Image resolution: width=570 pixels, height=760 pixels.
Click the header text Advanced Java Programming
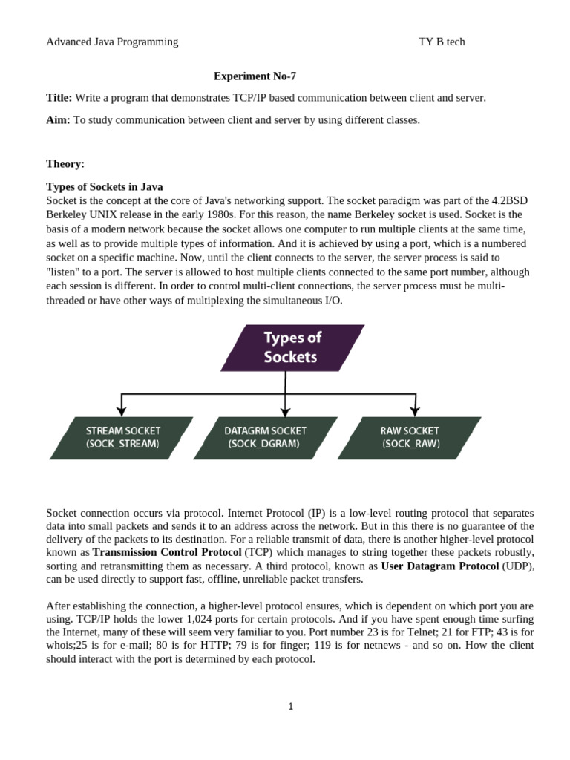(x=112, y=42)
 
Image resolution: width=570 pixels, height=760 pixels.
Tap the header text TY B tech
(x=442, y=42)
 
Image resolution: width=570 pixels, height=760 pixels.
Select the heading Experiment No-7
(x=255, y=76)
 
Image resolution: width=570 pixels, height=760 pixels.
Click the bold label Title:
(x=59, y=98)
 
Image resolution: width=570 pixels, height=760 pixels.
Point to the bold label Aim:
(x=58, y=119)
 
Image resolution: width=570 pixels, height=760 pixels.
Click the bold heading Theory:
(x=65, y=163)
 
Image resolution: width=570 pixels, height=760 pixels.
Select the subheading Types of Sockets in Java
(x=105, y=186)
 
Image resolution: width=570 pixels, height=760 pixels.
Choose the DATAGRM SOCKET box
(x=265, y=437)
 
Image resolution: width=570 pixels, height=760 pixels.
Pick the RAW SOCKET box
(x=410, y=437)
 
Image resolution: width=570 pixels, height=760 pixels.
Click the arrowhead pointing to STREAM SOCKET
(x=122, y=410)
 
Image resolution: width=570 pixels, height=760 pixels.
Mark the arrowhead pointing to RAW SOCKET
(x=414, y=410)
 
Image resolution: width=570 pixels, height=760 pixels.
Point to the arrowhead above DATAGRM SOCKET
(x=285, y=410)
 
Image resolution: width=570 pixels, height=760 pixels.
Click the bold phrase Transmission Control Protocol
(x=167, y=553)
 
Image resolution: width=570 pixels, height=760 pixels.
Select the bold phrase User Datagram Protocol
(x=440, y=566)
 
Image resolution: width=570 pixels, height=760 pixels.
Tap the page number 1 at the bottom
(x=291, y=706)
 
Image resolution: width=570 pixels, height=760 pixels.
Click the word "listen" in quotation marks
(x=64, y=272)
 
